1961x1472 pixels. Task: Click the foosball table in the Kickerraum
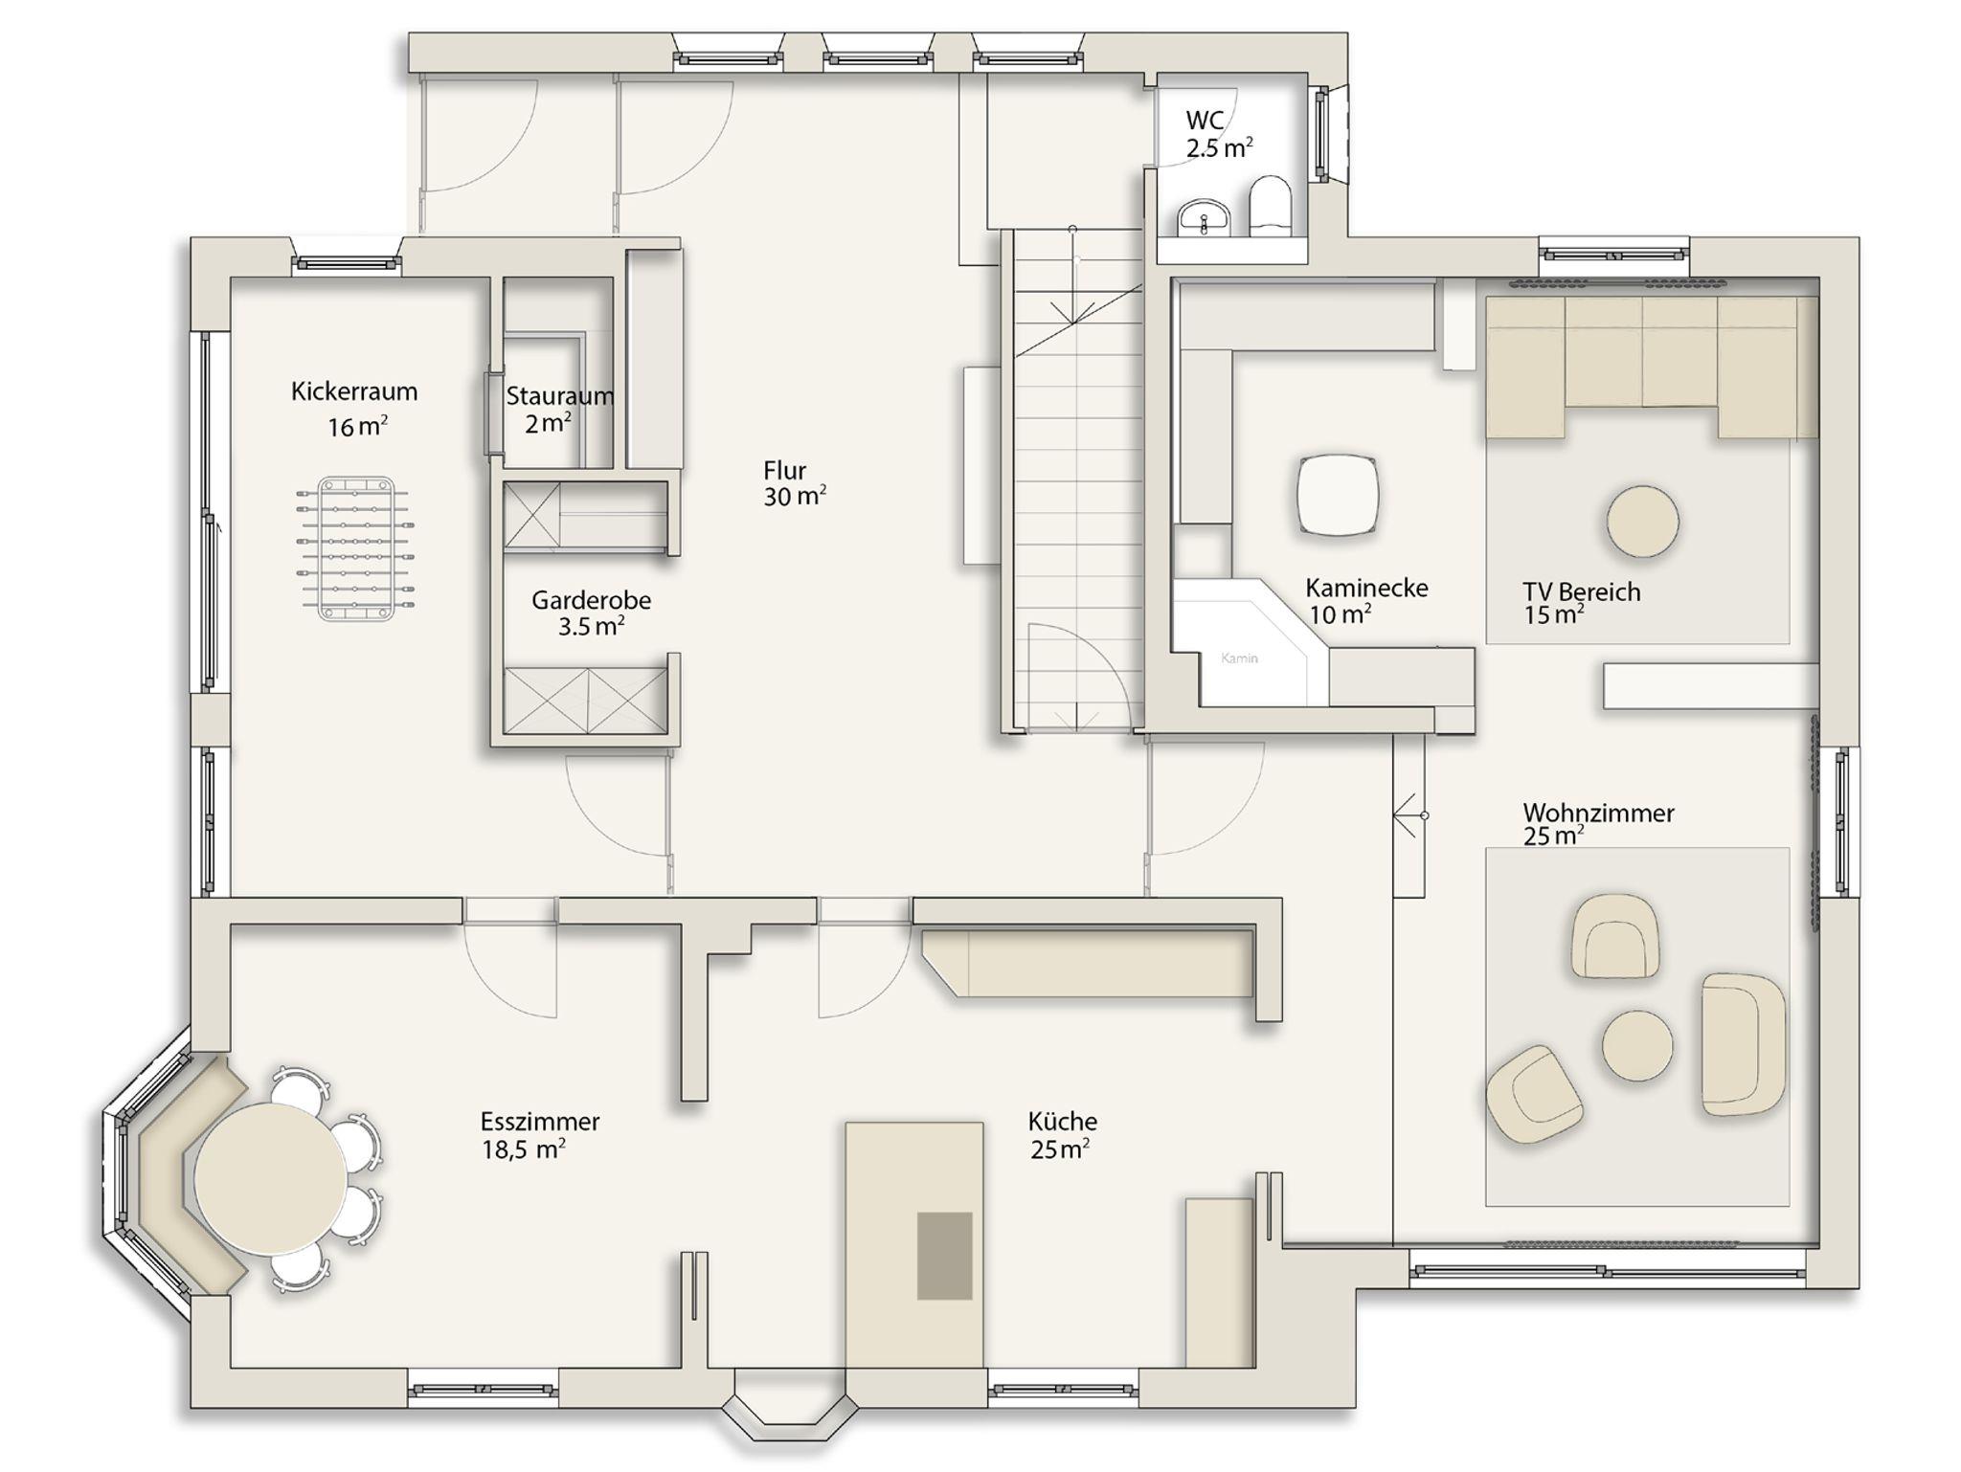pos(356,548)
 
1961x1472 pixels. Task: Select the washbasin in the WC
pos(1203,217)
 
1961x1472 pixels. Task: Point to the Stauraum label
pos(559,395)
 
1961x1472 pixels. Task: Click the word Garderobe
pos(591,600)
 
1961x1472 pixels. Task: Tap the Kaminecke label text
pos(1366,588)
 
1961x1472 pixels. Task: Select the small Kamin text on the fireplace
pos(1239,658)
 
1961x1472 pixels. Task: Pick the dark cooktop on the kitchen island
pos(944,1256)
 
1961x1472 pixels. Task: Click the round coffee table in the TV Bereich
pos(1642,522)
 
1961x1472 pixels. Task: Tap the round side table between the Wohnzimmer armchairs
pos(1637,1045)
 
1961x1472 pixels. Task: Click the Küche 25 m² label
pos(1062,1134)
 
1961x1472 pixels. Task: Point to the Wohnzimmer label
pos(1598,813)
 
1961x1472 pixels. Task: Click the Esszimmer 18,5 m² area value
pos(523,1149)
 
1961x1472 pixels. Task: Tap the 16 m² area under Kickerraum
pos(357,427)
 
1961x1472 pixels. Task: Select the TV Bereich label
pos(1582,591)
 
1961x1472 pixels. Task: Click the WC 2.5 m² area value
pos(1219,148)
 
